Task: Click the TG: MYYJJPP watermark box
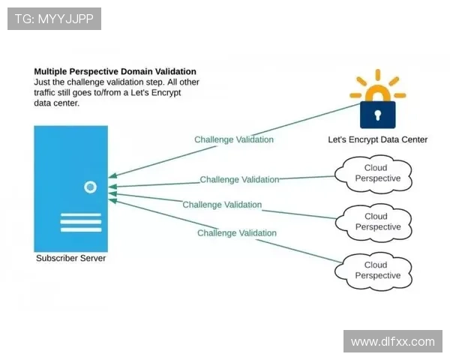54,18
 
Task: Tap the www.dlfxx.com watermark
392,341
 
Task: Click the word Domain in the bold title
134,72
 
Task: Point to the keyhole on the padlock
378,114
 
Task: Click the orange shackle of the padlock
378,91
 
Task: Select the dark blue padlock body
378,115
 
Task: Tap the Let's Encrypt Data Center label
377,139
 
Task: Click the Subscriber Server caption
71,259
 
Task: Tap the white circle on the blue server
91,187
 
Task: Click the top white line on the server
80,215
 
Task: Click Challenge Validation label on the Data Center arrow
234,139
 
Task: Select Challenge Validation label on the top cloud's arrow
239,179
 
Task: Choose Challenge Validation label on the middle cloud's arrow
222,205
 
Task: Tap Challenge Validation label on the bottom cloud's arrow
237,233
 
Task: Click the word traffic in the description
48,93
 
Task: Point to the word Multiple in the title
52,72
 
